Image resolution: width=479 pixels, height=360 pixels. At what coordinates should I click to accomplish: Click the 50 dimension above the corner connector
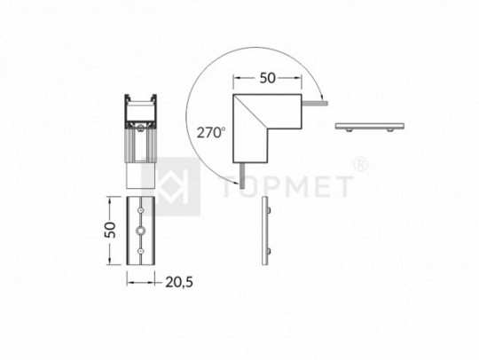coord(268,78)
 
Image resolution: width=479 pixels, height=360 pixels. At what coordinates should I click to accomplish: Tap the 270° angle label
coord(211,132)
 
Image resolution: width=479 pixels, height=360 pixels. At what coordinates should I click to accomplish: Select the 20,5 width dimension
coord(179,283)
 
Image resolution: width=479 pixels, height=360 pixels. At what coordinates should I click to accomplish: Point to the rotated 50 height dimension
coord(110,230)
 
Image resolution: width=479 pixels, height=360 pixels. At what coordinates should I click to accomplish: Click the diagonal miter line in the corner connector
coord(250,111)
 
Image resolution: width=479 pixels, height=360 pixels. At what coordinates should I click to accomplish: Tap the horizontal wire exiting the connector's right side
coord(315,104)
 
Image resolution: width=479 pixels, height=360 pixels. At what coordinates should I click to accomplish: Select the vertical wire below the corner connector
coord(242,176)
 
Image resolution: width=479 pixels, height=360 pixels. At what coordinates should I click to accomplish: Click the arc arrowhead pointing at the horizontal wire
coord(321,97)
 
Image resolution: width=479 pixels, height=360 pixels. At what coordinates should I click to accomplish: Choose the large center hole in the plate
coord(140,231)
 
